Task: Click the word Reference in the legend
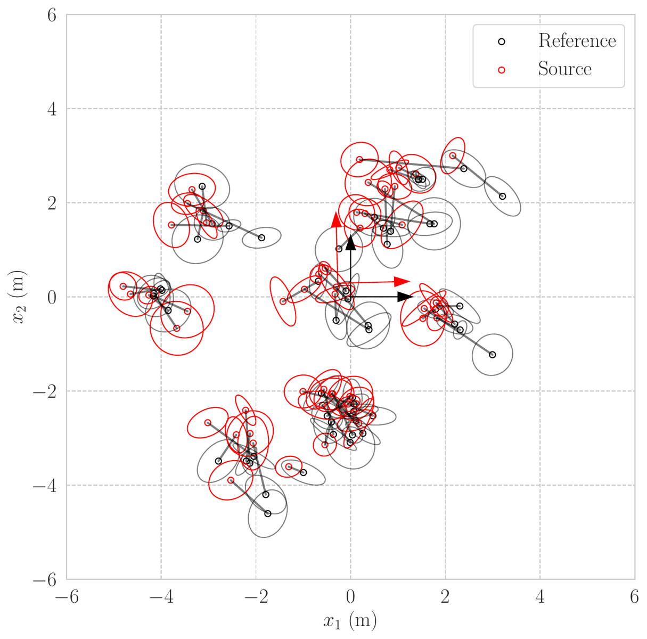click(577, 41)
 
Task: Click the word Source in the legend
click(564, 69)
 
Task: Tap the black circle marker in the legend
click(502, 42)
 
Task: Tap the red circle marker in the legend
click(502, 70)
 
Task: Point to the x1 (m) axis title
click(350, 621)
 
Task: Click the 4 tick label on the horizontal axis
click(540, 597)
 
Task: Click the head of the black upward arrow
click(350, 242)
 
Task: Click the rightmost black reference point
click(502, 196)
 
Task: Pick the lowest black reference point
click(268, 513)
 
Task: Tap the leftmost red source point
click(123, 286)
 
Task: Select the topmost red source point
click(453, 155)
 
